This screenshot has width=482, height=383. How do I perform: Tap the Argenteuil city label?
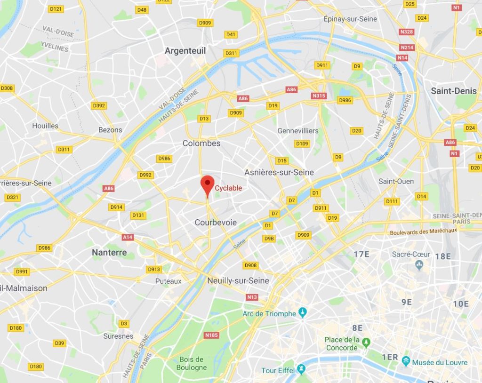click(185, 50)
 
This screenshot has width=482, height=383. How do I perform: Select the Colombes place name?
click(201, 143)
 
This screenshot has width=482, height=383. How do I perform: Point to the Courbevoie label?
click(216, 222)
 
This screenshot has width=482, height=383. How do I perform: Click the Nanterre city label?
click(109, 253)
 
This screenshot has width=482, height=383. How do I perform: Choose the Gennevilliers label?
click(298, 130)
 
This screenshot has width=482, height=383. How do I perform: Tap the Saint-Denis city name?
click(454, 91)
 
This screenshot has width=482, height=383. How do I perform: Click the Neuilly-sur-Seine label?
click(238, 280)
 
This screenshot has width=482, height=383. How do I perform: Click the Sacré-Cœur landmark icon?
click(419, 265)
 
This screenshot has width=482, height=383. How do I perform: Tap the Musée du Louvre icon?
click(406, 362)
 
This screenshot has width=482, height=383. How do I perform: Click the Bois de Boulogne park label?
click(192, 363)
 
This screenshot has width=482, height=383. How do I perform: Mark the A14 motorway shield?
click(127, 238)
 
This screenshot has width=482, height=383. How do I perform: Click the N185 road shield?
click(211, 335)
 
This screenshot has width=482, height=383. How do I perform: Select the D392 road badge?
click(99, 105)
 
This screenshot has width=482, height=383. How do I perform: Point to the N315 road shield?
click(319, 96)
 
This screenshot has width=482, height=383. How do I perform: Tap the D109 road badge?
click(302, 144)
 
